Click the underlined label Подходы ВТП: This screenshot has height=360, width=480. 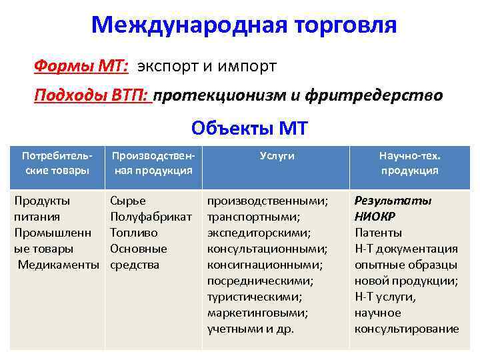[93, 95]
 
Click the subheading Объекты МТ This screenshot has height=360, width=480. [249, 127]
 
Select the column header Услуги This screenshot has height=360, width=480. [277, 155]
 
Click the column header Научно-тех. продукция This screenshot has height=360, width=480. [409, 163]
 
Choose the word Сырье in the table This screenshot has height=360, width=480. [128, 201]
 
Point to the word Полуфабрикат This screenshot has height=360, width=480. [151, 217]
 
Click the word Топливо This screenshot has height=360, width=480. [134, 233]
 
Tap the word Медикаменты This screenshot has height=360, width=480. [58, 265]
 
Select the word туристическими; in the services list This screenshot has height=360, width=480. [255, 297]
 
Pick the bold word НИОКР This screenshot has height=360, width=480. [375, 217]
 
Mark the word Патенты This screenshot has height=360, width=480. [378, 233]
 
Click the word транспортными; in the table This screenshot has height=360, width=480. [254, 217]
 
